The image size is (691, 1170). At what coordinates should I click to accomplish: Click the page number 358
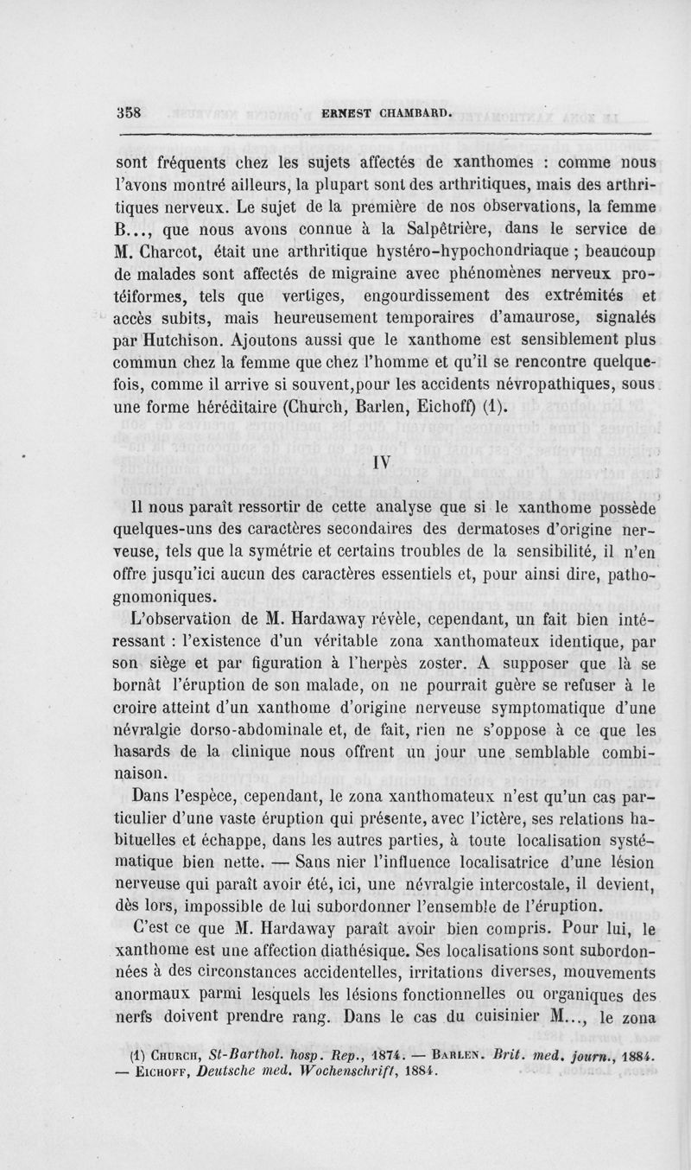[x=130, y=111]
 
